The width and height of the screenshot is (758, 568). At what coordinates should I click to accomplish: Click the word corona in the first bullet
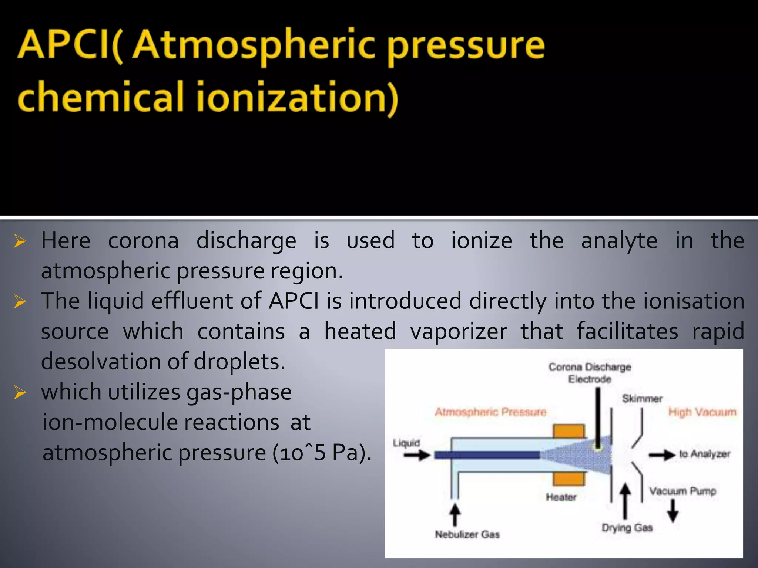(143, 241)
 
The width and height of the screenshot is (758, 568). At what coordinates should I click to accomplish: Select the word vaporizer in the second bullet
(459, 331)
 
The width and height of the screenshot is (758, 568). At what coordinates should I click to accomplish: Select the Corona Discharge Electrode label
(589, 373)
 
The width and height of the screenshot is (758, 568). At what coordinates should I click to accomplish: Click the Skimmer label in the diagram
(642, 399)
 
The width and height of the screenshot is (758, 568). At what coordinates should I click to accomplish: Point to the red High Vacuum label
(702, 412)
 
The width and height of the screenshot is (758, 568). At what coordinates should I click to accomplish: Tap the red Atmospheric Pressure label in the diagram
(490, 412)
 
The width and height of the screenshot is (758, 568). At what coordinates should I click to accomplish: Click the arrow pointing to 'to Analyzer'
(662, 455)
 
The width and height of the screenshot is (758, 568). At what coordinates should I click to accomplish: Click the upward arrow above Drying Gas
(625, 501)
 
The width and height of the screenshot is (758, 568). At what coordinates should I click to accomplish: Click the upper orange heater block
(569, 431)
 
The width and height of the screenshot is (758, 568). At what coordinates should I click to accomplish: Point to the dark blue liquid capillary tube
(487, 455)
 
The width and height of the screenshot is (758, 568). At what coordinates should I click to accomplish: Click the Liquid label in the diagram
(406, 443)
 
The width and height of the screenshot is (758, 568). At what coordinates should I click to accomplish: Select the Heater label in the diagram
(561, 497)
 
